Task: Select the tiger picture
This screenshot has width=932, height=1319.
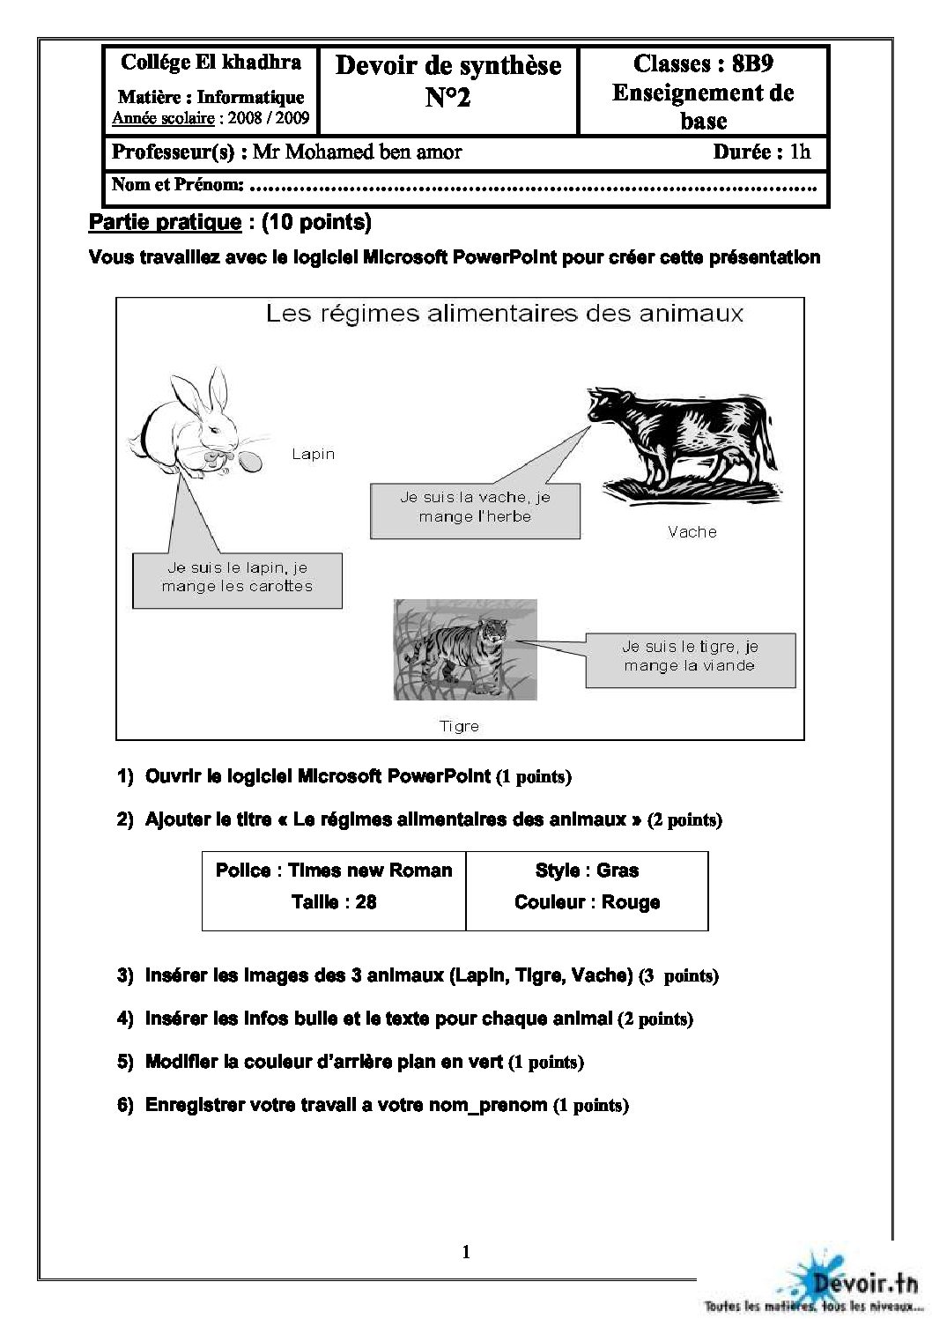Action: (x=465, y=650)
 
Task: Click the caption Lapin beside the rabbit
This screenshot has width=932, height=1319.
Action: (x=314, y=455)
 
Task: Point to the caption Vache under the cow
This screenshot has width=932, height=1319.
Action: (x=692, y=532)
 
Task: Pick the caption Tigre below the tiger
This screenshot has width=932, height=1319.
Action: (x=460, y=727)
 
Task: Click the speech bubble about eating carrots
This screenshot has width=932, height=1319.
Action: (x=237, y=578)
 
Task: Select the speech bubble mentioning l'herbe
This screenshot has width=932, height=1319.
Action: (x=475, y=508)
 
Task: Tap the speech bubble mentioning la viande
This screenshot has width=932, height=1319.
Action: (x=690, y=657)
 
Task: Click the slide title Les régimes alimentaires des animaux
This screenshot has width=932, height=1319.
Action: (x=505, y=314)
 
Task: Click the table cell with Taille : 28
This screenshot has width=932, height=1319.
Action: (x=334, y=902)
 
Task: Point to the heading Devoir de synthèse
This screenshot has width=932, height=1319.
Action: (x=448, y=66)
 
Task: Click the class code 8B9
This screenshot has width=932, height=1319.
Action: (x=752, y=63)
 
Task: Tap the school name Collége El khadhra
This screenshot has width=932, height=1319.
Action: (x=211, y=63)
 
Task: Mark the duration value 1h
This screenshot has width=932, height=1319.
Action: (x=799, y=152)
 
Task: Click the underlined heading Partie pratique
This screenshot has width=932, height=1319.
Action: (x=165, y=222)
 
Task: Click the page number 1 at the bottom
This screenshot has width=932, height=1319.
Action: (x=466, y=1252)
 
